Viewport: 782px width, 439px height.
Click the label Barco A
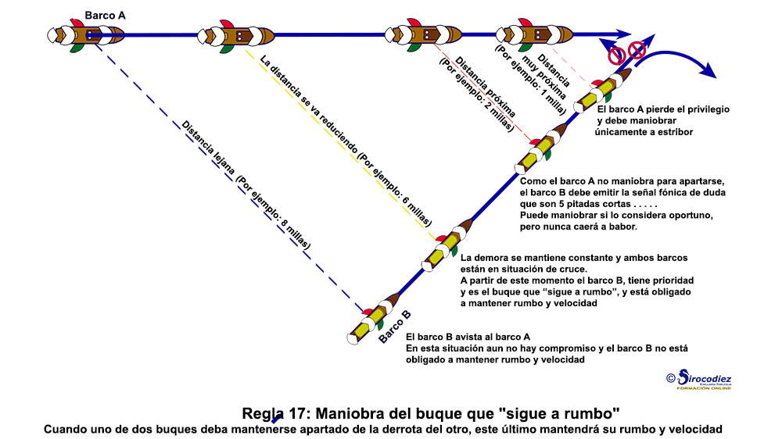[x=105, y=16]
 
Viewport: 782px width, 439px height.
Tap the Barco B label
[x=394, y=327]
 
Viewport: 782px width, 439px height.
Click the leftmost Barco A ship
[x=85, y=35]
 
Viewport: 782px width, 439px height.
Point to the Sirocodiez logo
[x=699, y=380]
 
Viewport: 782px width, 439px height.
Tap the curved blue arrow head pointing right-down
[x=708, y=70]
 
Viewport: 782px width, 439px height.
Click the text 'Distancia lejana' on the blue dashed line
[x=207, y=148]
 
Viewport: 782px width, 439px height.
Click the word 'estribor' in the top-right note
[x=674, y=132]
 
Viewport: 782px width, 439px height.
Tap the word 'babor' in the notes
[x=623, y=227]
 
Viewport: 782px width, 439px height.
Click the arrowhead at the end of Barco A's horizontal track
[x=623, y=34]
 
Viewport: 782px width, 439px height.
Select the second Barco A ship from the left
[x=236, y=36]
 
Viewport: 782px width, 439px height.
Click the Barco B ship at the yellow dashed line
[x=447, y=245]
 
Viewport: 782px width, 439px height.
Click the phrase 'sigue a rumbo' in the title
[x=559, y=413]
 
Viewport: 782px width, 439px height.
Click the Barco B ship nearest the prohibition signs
[x=602, y=90]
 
